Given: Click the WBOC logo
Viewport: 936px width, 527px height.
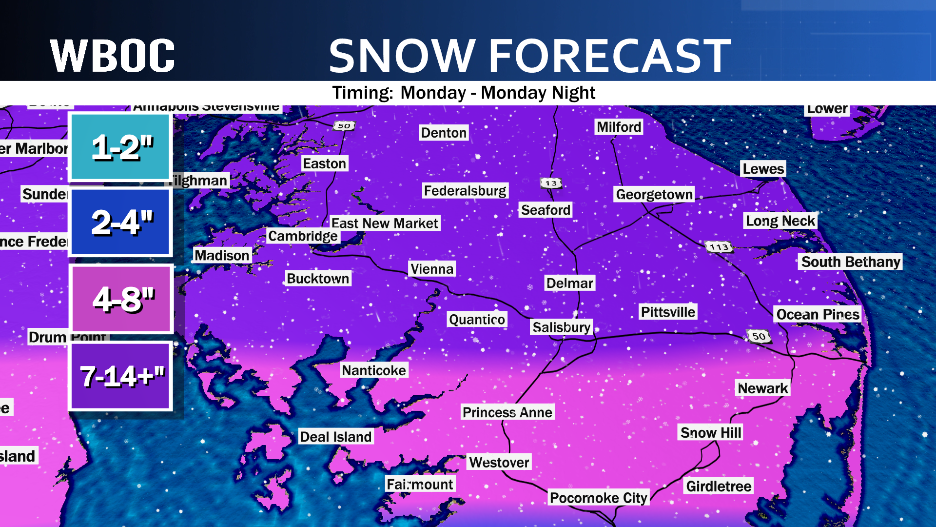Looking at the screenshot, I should click(112, 56).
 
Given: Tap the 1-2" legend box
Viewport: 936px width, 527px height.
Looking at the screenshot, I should click(121, 147).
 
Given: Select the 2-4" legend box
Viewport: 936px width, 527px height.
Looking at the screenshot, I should click(121, 222).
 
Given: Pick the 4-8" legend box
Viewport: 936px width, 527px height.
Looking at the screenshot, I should click(122, 299).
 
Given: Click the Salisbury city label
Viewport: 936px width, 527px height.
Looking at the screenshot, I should click(561, 327).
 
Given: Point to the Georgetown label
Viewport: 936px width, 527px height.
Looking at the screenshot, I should click(654, 194).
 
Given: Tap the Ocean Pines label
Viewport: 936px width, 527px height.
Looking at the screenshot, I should click(818, 314).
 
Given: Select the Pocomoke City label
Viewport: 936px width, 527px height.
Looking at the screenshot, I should click(598, 498).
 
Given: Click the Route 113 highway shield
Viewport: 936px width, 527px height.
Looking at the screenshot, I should click(719, 247).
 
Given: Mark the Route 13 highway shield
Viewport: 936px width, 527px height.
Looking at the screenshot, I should click(551, 183).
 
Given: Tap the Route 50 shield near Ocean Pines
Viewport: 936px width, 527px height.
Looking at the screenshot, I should click(759, 336).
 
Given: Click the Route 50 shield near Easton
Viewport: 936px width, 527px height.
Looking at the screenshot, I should click(344, 126).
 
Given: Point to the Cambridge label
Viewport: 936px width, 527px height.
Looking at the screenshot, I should click(303, 236).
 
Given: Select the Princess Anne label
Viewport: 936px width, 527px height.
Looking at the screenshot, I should click(507, 412).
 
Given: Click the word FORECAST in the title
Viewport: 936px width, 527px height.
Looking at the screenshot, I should click(609, 56).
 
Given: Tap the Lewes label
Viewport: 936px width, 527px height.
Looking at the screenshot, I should click(763, 169).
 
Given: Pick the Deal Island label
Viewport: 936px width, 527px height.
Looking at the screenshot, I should click(335, 437).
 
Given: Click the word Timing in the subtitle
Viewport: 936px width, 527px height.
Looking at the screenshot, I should click(363, 93).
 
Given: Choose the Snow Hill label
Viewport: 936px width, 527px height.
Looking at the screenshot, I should click(711, 432).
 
